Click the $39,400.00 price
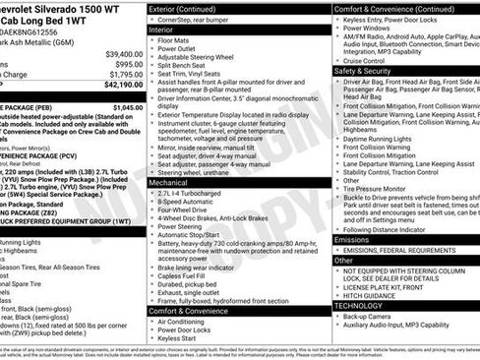[124, 53]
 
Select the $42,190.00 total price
[124, 86]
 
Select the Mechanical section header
[172, 183]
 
